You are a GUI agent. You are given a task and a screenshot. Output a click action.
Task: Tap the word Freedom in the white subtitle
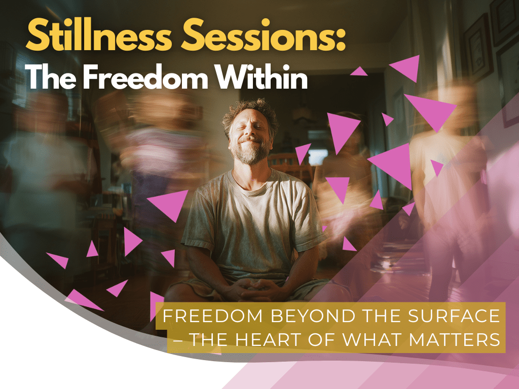pyautogui.click(x=145, y=77)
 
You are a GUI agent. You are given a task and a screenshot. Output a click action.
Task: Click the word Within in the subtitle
pyautogui.click(x=262, y=77)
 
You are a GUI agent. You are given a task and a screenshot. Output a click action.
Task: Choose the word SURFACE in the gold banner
pyautogui.click(x=454, y=316)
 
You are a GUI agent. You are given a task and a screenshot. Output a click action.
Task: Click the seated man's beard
pyautogui.click(x=250, y=151)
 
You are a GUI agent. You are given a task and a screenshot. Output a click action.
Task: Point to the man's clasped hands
pyautogui.click(x=257, y=288)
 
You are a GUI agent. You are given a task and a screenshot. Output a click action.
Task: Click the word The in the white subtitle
pyautogui.click(x=50, y=77)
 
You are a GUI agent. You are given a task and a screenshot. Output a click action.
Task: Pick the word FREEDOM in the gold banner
pyautogui.click(x=212, y=316)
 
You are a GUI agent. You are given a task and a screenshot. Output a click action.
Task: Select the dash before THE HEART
pyautogui.click(x=178, y=340)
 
